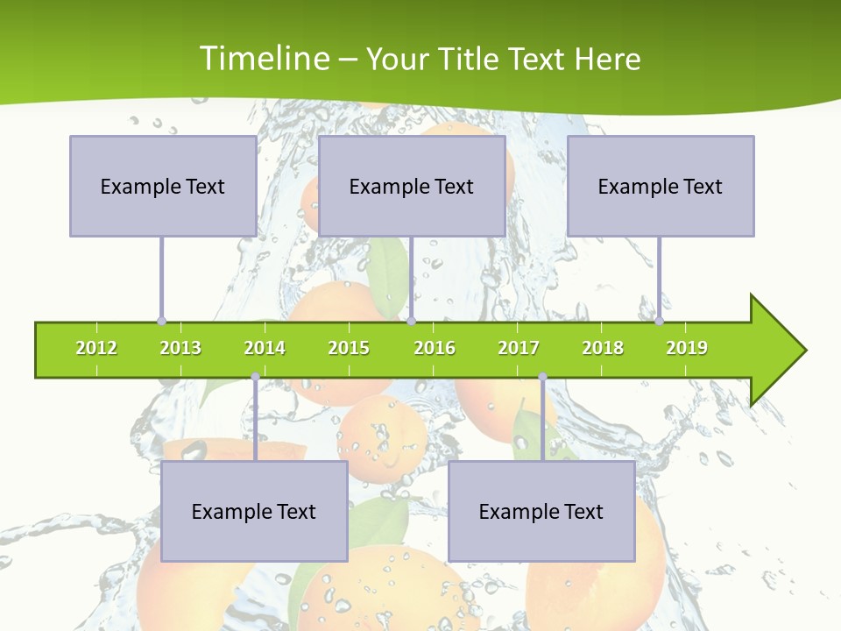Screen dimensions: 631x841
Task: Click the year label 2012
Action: (x=96, y=348)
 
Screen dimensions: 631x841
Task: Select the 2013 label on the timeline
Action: (x=180, y=348)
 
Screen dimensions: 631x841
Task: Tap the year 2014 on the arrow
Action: (x=265, y=348)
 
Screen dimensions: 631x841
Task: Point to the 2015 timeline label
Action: (x=349, y=348)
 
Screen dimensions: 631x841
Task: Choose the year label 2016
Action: (x=435, y=348)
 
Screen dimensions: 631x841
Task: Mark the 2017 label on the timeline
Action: (x=519, y=348)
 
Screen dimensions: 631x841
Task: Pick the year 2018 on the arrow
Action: (x=603, y=348)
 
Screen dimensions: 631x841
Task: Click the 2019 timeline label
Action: (x=687, y=348)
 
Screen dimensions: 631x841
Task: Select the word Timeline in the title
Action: (x=265, y=59)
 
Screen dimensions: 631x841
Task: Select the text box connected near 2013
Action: (x=163, y=186)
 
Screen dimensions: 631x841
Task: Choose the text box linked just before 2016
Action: (x=412, y=186)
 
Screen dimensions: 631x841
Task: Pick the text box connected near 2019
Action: (x=661, y=186)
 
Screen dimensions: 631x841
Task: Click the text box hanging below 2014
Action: (x=254, y=511)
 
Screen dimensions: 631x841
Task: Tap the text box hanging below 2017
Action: (x=541, y=511)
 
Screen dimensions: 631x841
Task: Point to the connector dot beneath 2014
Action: (x=255, y=377)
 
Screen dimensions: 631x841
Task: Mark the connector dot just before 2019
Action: (x=659, y=321)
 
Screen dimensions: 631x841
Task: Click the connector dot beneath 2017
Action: (x=542, y=377)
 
